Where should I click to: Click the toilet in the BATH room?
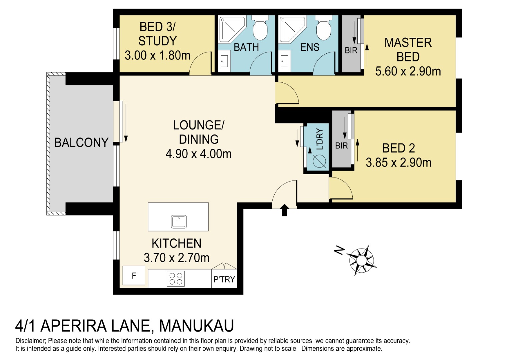tap(260, 28)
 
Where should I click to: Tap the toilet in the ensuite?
tap(324, 28)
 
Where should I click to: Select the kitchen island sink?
tap(179, 222)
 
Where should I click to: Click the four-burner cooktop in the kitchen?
tap(176, 279)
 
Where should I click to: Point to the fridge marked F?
tap(134, 275)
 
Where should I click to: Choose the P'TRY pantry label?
tap(224, 279)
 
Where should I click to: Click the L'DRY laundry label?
tap(319, 139)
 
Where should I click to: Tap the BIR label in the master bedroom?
tap(351, 50)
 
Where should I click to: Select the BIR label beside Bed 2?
tap(342, 145)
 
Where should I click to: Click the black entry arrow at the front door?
tap(284, 210)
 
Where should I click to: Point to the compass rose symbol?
tap(362, 260)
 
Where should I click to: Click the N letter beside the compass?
tap(339, 250)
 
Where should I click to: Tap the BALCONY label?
tap(81, 142)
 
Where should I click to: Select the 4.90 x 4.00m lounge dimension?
tap(199, 154)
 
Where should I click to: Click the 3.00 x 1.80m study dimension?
tap(157, 55)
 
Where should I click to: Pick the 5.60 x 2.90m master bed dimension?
tap(408, 71)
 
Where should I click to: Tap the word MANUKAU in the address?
tap(196, 326)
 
